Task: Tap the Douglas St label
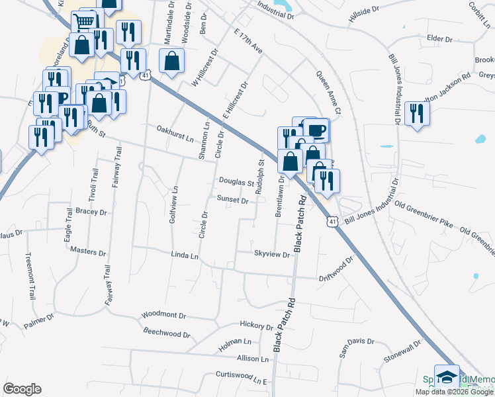click(x=236, y=182)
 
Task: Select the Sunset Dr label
click(x=232, y=200)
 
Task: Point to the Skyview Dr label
click(x=272, y=254)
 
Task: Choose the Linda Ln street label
click(x=185, y=255)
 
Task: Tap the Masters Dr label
click(x=88, y=252)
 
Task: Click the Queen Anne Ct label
click(x=328, y=93)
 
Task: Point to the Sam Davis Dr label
click(x=353, y=347)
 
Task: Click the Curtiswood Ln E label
click(x=240, y=377)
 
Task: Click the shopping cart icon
click(x=84, y=22)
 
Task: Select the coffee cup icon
click(x=316, y=128)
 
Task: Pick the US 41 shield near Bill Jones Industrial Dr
click(x=330, y=223)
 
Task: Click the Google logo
click(x=22, y=389)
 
